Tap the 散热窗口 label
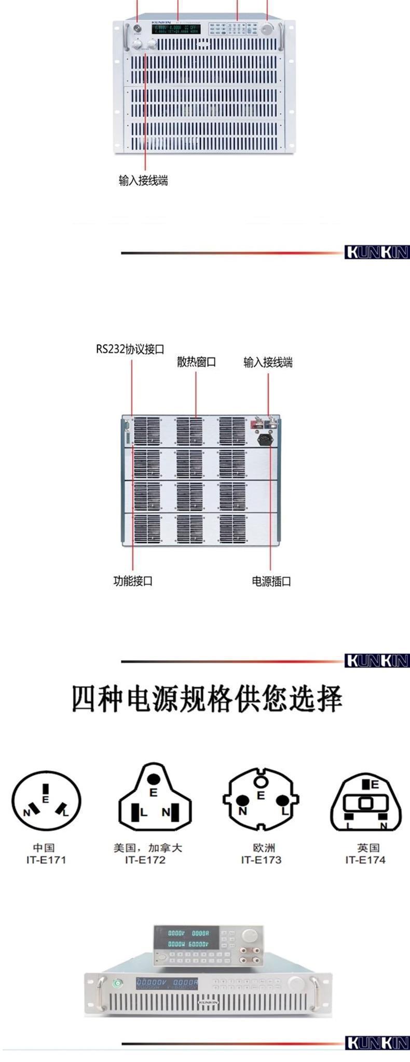coord(196,362)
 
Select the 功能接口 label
coord(133,581)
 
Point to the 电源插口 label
coord(271,581)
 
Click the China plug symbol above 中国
coord(47,803)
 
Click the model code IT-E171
coord(46,860)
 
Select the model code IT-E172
coord(145,860)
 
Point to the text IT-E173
coord(261,860)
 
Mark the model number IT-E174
coord(365,860)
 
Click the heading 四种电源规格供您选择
coord(207,699)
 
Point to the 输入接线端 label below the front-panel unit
coord(143,181)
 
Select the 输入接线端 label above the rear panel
coord(268,362)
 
